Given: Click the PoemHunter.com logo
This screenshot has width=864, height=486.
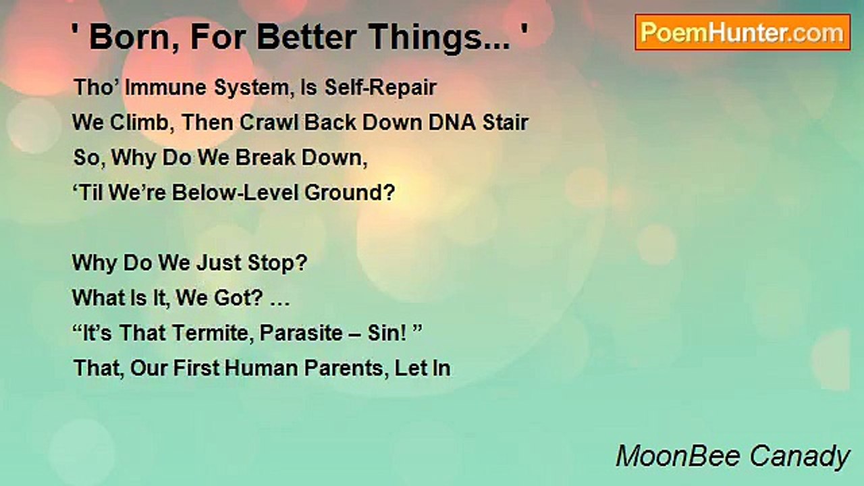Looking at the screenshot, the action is click(x=742, y=32).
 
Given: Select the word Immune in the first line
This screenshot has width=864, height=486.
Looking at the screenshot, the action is click(x=166, y=88).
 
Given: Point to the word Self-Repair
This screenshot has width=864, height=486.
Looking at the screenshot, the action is click(x=380, y=88).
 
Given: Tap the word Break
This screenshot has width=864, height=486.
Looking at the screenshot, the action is click(x=265, y=158).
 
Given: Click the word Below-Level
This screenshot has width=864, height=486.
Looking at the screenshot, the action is click(x=235, y=192).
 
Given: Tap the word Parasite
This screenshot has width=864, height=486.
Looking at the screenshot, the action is click(x=301, y=333).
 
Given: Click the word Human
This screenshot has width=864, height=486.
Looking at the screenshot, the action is click(x=261, y=369).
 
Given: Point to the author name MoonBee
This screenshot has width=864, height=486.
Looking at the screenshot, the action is click(x=678, y=456).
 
